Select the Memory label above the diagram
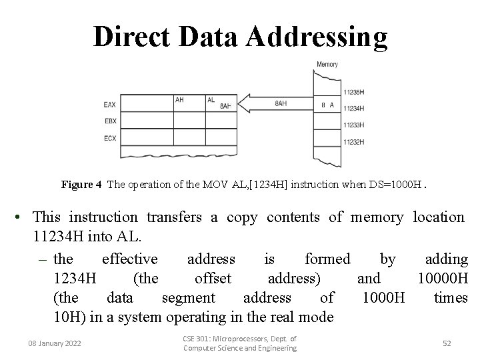click(327, 65)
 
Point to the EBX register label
click(111, 121)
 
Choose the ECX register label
click(111, 138)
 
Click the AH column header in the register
click(179, 100)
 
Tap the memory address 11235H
click(354, 91)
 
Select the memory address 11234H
click(354, 108)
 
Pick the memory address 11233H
click(354, 125)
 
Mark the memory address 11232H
click(354, 141)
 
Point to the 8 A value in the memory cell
click(327, 105)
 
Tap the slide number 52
click(447, 343)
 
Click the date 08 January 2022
click(55, 343)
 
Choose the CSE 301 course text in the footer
click(239, 343)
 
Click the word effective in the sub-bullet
click(130, 259)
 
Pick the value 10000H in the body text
click(443, 278)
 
